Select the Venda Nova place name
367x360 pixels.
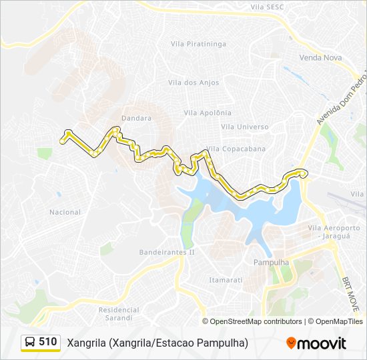coord(320,58)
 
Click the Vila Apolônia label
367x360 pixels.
coord(207,113)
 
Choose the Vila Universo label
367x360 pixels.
coord(244,127)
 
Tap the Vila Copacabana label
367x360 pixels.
coord(236,149)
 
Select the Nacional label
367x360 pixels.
coord(65,213)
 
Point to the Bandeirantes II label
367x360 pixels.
coord(166,253)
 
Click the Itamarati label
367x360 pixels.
coord(226,280)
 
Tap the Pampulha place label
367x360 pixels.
coord(272,263)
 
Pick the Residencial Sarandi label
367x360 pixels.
coord(119,313)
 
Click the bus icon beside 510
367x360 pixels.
coord(30,343)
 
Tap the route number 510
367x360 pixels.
coord(47,342)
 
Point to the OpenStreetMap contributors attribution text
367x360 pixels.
coord(256,321)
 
